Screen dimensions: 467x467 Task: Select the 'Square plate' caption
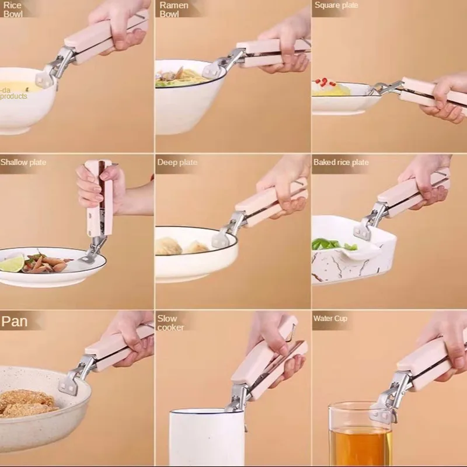(336, 5)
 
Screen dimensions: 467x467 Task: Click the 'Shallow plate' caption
(23, 162)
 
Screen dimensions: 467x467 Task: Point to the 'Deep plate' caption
(177, 162)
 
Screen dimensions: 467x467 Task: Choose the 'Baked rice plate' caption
(341, 162)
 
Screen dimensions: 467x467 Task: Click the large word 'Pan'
(16, 322)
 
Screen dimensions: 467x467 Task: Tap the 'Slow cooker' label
(170, 323)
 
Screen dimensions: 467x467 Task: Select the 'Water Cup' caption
(330, 319)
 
